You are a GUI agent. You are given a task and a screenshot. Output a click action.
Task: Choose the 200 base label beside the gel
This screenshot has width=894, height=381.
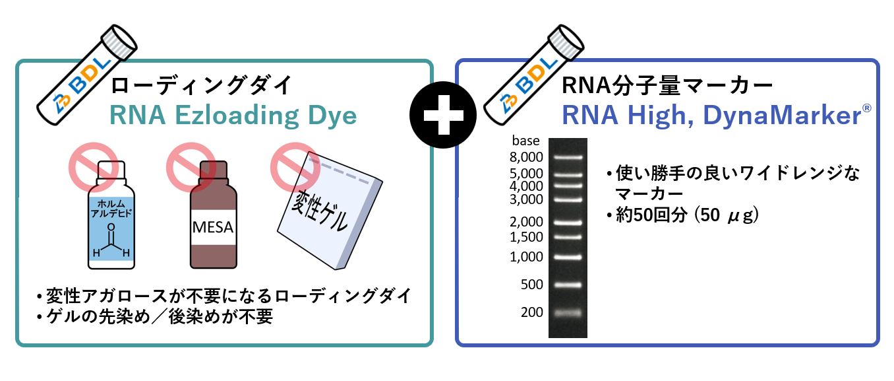pyautogui.click(x=531, y=312)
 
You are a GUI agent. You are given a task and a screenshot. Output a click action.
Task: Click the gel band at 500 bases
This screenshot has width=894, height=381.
pyautogui.click(x=568, y=285)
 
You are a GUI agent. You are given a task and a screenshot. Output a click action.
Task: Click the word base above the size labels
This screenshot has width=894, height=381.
pyautogui.click(x=525, y=141)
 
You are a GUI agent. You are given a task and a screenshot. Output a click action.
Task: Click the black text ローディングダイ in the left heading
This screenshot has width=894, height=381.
pyautogui.click(x=201, y=86)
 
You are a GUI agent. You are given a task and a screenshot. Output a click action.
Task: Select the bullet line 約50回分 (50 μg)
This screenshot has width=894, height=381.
pyautogui.click(x=685, y=215)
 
